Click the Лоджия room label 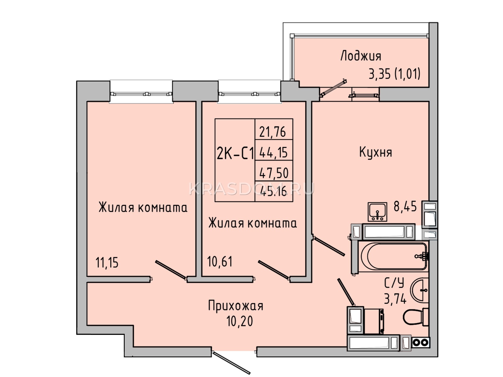[361, 56]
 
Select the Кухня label [375, 152]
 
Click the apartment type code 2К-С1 [235, 154]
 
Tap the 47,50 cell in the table [274, 173]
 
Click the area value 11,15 [107, 263]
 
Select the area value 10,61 [219, 261]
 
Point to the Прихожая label [235, 306]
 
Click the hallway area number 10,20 [240, 321]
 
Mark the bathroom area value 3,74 [395, 298]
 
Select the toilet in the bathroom [416, 317]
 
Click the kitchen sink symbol [377, 212]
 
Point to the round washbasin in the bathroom [419, 290]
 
